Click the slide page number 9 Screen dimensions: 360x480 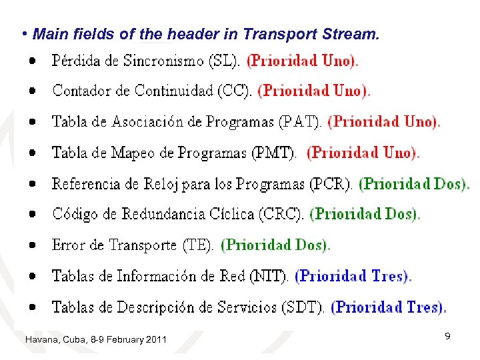(x=447, y=337)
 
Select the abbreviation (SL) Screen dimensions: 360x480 (x=225, y=61)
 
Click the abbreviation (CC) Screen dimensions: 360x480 (x=236, y=91)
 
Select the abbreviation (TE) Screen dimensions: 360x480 (x=198, y=245)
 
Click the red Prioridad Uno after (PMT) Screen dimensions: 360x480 (x=363, y=153)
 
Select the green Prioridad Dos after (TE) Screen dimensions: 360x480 (x=275, y=245)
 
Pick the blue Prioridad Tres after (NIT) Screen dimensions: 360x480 (x=353, y=276)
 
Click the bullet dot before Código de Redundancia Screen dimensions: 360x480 (x=33, y=215)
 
